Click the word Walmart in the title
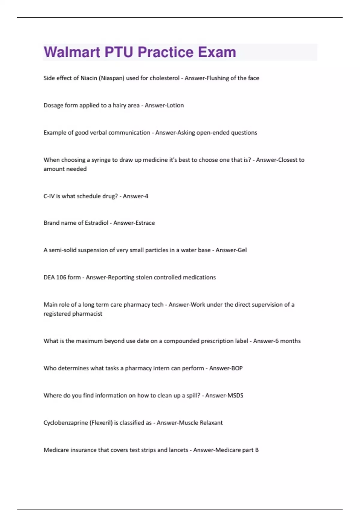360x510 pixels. coord(72,52)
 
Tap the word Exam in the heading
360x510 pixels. coord(217,52)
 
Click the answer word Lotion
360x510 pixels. coord(175,105)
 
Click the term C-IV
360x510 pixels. coord(49,196)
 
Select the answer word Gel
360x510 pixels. coord(242,250)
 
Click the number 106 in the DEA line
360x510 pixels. coord(61,277)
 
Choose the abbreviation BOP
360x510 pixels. coord(236,368)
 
